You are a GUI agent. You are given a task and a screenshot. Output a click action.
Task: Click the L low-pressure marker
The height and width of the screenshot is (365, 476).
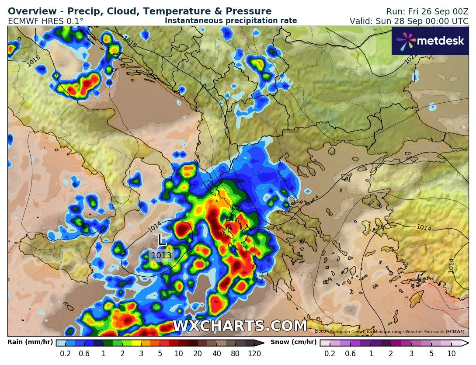162,240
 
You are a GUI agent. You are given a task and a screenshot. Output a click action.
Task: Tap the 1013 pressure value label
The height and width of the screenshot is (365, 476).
161,255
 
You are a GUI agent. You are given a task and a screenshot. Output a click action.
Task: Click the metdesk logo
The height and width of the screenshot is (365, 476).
430,41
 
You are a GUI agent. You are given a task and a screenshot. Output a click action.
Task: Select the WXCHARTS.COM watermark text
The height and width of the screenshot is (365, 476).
240,326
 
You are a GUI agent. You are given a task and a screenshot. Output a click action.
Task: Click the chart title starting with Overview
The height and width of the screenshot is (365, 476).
140,11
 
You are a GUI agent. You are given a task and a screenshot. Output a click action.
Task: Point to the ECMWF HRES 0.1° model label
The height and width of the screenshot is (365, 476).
45,21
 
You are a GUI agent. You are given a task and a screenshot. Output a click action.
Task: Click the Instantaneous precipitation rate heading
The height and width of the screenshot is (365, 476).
231,21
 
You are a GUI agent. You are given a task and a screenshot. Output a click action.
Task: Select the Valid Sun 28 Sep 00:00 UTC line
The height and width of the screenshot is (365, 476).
409,21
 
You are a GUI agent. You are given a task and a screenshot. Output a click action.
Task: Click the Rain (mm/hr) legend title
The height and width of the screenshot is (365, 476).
30,342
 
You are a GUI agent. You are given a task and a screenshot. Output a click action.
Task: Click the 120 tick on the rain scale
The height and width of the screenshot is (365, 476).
254,354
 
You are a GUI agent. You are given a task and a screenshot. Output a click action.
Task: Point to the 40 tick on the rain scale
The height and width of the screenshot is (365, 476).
217,354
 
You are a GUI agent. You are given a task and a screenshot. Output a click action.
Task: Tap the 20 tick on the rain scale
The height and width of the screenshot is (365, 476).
198,354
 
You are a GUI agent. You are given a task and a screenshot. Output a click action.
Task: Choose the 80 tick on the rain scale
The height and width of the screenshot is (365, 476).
236,354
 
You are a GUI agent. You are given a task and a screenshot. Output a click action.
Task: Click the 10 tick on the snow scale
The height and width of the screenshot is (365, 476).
452,354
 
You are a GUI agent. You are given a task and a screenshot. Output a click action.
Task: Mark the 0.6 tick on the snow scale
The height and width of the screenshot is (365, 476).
350,354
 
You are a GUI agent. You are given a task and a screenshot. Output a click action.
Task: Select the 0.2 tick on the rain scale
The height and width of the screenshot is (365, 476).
66,354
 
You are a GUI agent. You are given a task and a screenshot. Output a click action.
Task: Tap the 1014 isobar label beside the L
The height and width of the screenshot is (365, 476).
155,227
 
